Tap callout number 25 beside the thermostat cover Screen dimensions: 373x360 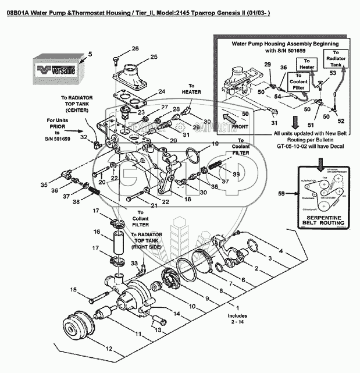coord(154,56)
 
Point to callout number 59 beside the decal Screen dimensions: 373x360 coord(282,193)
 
